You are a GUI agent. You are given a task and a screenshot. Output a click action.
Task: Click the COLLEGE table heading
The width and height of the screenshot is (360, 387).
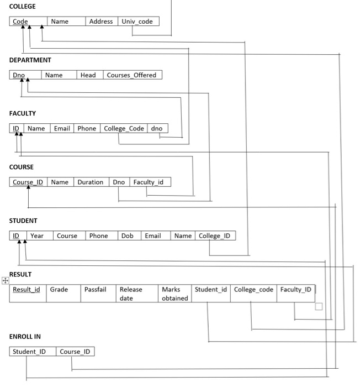click(x=22, y=6)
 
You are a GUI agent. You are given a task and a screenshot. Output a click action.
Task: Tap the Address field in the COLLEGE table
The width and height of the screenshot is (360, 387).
click(x=101, y=22)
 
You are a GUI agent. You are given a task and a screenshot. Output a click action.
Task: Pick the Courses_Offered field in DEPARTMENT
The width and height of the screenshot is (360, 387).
click(x=131, y=75)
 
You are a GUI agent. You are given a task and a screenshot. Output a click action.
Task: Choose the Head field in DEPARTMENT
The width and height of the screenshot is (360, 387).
click(x=88, y=75)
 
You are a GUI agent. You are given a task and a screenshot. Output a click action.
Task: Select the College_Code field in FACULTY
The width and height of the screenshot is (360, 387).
click(x=124, y=129)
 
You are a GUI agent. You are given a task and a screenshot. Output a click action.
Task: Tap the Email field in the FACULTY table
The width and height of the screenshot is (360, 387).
click(x=62, y=129)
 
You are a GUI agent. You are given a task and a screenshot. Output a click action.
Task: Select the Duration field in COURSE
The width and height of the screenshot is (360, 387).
click(x=90, y=182)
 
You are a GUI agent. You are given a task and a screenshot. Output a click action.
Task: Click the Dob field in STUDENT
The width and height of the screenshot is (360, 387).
click(x=128, y=236)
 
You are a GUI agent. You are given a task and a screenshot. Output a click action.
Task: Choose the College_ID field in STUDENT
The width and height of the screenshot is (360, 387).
click(x=214, y=236)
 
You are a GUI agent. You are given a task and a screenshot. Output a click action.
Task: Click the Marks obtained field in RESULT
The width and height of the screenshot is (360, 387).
click(x=174, y=294)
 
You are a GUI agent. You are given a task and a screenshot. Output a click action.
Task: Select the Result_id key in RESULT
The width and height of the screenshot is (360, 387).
click(x=27, y=289)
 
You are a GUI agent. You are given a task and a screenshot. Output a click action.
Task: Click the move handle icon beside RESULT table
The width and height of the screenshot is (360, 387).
click(x=5, y=280)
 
